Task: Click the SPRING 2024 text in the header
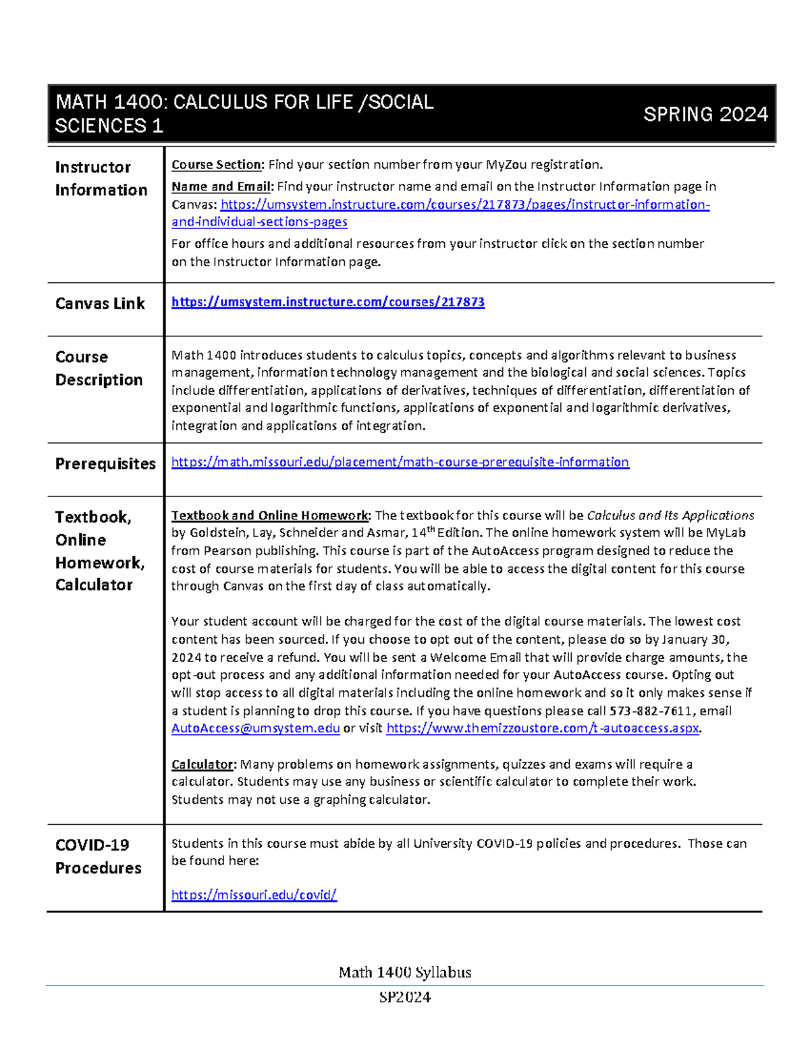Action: [705, 114]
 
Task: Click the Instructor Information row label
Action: [101, 178]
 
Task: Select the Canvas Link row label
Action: [100, 304]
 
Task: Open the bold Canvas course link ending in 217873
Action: [327, 302]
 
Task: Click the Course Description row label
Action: [99, 368]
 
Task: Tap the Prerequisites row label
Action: [105, 464]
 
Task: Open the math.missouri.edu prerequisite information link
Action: [400, 462]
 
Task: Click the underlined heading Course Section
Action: [216, 165]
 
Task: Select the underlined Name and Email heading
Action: [221, 186]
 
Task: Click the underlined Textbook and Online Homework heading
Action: [270, 515]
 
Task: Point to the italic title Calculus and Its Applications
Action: [670, 515]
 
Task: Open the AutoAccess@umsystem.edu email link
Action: [255, 728]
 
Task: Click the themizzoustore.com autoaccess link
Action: [543, 728]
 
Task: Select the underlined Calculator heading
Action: [202, 764]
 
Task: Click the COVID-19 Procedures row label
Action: [99, 856]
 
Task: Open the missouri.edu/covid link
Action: [254, 895]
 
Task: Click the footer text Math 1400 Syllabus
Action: [404, 972]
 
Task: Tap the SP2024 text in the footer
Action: [404, 997]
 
